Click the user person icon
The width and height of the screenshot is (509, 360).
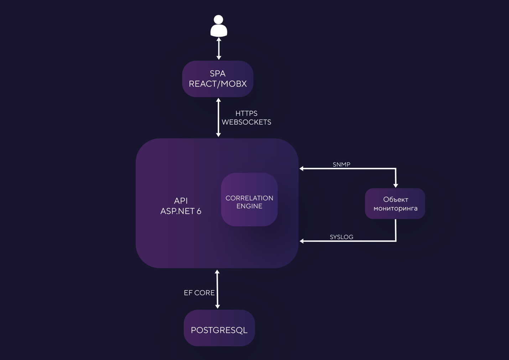(219, 26)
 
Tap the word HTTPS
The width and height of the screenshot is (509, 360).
(246, 113)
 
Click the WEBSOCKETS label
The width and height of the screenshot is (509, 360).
(246, 122)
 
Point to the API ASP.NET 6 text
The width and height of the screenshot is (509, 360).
(181, 206)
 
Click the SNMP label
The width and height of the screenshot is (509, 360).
(341, 164)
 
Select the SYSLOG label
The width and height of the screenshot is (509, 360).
(341, 237)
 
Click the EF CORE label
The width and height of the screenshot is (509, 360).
(199, 293)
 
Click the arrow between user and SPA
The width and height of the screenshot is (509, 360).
(219, 48)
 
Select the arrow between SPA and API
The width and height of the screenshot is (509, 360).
(218, 118)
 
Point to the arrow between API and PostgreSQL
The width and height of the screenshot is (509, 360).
(217, 289)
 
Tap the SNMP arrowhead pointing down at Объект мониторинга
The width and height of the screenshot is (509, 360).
(395, 185)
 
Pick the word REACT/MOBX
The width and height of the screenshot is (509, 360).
(218, 84)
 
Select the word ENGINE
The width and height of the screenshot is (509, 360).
(249, 206)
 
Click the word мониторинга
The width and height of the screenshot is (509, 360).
(395, 208)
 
